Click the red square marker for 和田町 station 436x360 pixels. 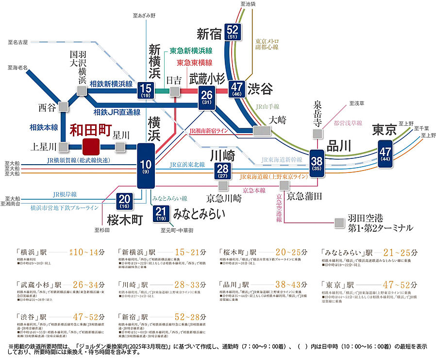[91, 146]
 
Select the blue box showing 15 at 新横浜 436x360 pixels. [145, 90]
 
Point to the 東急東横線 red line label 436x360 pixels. [194, 63]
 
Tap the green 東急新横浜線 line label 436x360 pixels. [190, 51]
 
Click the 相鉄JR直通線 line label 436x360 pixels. [117, 112]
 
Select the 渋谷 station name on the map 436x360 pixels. [260, 89]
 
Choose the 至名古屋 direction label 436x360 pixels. [18, 42]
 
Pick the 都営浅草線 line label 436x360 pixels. [348, 123]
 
